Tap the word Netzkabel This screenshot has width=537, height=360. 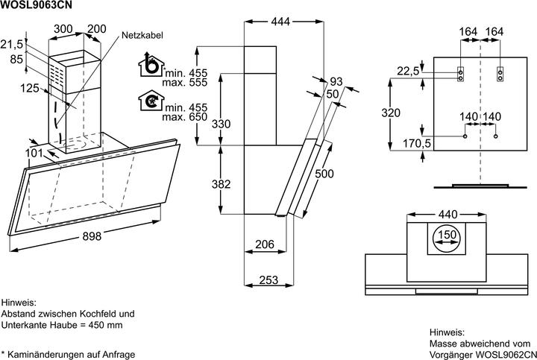tap(144, 35)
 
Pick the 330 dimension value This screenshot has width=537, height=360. tap(220, 124)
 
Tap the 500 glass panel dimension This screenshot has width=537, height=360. tap(345, 174)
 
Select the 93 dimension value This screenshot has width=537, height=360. tap(335, 81)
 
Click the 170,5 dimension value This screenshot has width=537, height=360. tap(417, 142)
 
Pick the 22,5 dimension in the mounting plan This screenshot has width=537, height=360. tap(407, 72)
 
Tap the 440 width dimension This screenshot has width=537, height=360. tap(447, 215)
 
